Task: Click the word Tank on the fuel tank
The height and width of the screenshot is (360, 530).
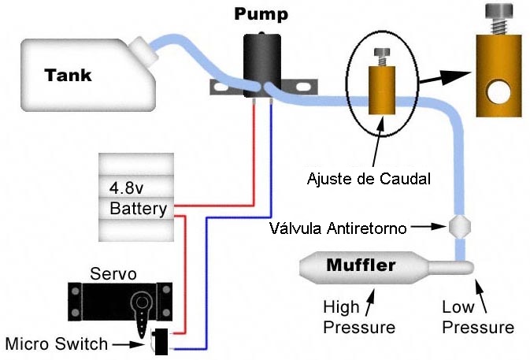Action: point(68,76)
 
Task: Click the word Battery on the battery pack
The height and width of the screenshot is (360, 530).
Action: point(138,209)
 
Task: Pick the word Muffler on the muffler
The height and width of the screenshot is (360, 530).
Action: point(361,265)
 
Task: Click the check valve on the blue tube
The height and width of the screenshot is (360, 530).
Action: point(458,228)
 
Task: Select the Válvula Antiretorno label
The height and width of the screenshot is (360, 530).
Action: point(337,228)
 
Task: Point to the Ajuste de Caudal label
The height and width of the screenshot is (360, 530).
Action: point(369,179)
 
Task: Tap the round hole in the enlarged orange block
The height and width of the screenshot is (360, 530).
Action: point(498,95)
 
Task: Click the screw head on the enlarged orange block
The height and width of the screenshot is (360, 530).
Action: point(497,18)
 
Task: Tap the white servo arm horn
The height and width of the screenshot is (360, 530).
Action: point(143,317)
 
